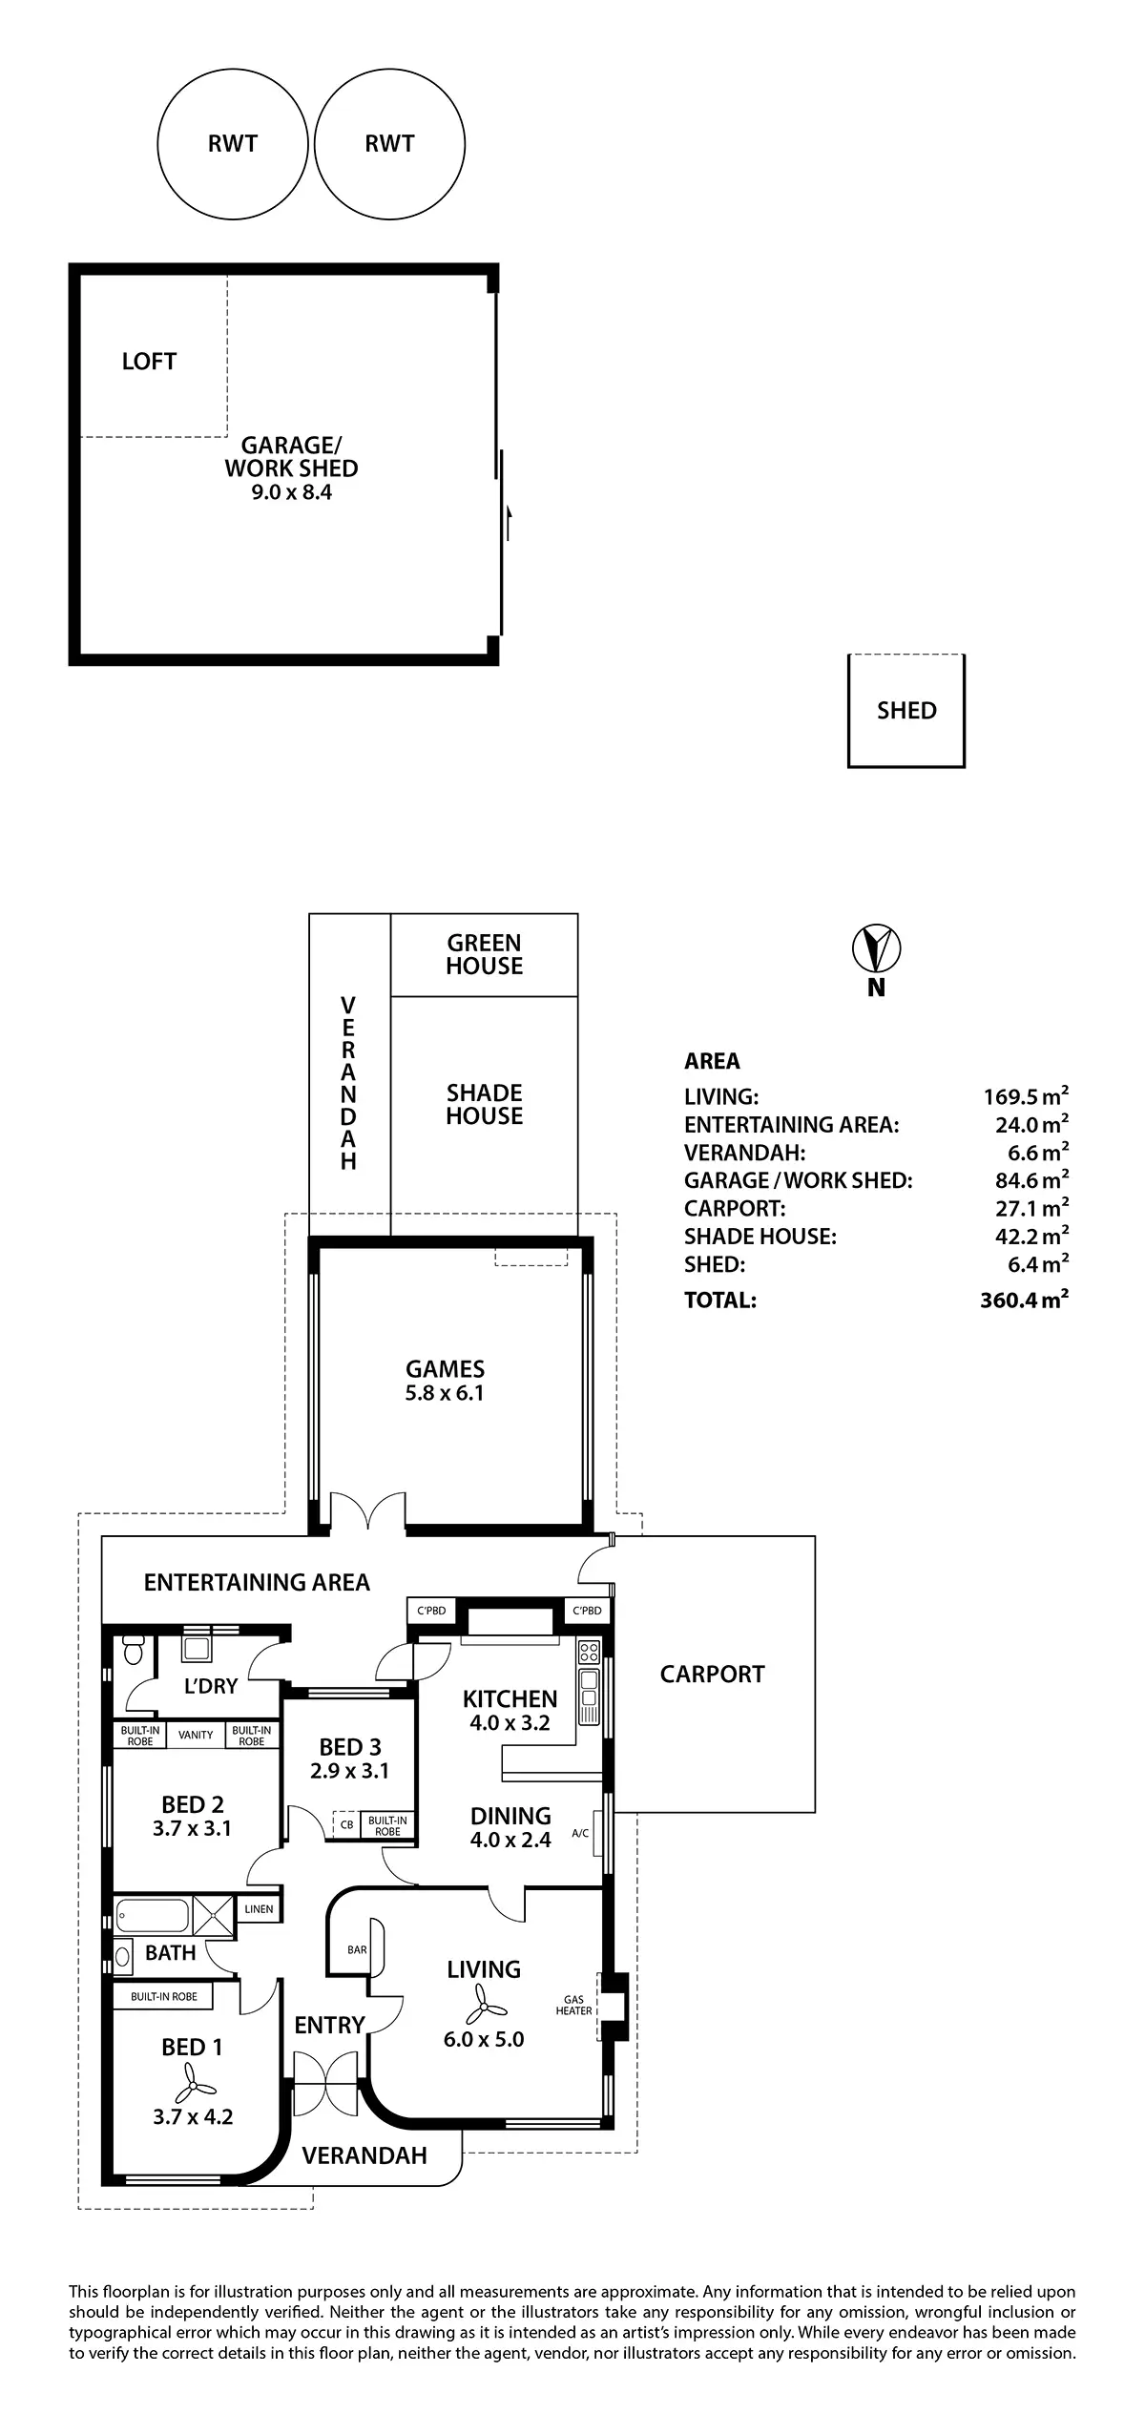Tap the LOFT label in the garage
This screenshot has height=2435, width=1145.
149,362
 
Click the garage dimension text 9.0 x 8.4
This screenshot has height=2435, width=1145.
291,493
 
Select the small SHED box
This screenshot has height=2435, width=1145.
906,711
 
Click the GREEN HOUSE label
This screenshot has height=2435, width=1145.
484,954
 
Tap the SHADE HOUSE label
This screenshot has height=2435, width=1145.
484,1104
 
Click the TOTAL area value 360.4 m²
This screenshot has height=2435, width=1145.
1023,1300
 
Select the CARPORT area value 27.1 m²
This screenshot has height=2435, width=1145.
1030,1209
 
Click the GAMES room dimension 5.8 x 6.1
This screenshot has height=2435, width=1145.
445,1393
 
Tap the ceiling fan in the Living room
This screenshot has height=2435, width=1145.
483,2005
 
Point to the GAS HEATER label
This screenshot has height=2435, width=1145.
573,2006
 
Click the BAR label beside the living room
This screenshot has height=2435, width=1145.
357,1950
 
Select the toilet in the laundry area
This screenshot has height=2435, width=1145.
134,1649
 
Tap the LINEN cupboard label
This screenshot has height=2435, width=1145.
259,1909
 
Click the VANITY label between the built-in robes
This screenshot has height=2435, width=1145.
196,1735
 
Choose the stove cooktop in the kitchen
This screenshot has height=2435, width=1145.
589,1651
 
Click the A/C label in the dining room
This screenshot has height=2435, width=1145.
580,1833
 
